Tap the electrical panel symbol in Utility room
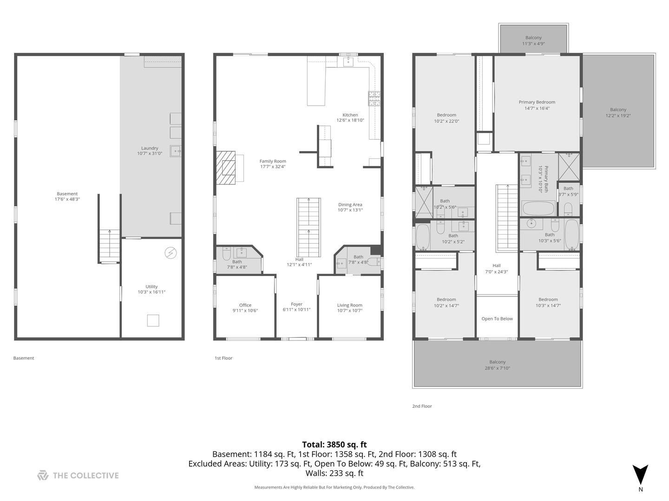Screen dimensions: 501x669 pos(171,253)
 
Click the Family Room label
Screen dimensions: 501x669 pos(273,164)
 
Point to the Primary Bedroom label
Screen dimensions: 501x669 pos(537,105)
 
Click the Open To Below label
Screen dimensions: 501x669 pos(497,319)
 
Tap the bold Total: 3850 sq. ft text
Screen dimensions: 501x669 pos(334,444)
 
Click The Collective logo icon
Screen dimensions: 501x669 pos(43,475)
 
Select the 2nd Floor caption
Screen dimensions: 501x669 pos(422,406)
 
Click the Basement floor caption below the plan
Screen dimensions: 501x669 pos(24,358)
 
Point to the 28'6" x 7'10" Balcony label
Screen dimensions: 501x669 pos(497,365)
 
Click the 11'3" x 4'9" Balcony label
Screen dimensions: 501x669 pos(533,41)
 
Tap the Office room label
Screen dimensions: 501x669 pos(245,308)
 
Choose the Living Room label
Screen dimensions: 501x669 pos(349,308)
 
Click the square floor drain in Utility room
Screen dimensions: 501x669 pos(153,321)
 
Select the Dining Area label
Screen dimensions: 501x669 pos(350,207)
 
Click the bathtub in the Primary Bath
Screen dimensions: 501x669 pos(538,207)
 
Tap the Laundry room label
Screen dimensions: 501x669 pos(150,151)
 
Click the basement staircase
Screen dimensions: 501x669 pos(109,246)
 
